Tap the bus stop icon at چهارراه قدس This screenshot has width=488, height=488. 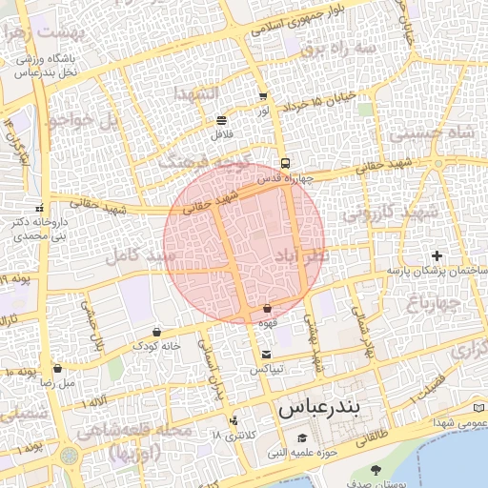(285, 162)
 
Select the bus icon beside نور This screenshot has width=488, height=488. (263, 97)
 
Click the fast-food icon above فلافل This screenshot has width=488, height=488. (221, 120)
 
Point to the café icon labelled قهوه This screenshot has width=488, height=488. (267, 308)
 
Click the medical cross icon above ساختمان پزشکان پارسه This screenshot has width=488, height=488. (437, 255)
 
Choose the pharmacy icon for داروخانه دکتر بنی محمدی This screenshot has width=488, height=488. (39, 207)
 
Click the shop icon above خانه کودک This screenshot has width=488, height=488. (156, 332)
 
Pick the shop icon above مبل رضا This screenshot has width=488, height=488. (57, 368)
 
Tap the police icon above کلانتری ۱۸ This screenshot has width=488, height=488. (234, 420)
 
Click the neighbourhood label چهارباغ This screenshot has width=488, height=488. (434, 304)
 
